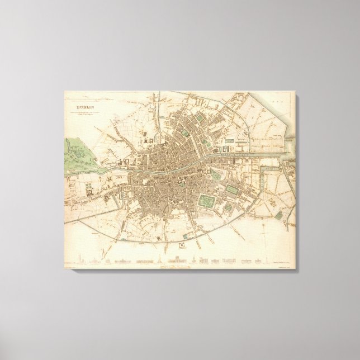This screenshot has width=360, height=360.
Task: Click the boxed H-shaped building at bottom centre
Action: tap(182, 245)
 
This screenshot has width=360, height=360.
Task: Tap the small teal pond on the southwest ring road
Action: tap(103, 197)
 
